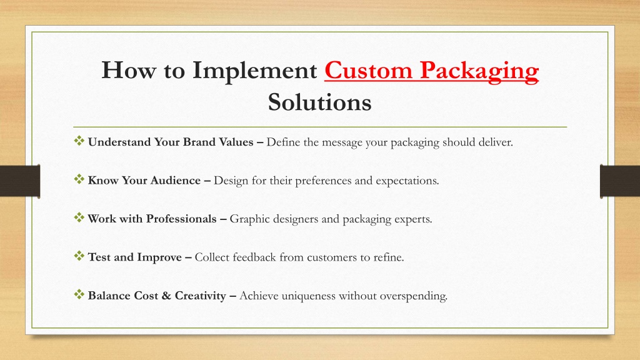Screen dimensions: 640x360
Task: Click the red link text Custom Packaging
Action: (431, 71)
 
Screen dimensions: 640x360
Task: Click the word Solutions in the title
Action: (319, 102)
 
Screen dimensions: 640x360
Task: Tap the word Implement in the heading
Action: (255, 71)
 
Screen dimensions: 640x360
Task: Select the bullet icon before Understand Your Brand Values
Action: (79, 141)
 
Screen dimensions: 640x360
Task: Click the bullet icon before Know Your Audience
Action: (79, 179)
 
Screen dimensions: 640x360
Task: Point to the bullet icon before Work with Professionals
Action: (79, 217)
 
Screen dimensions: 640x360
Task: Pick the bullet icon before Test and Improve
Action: (79, 256)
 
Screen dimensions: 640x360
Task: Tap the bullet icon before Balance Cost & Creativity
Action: (79, 294)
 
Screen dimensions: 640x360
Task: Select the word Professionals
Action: (181, 219)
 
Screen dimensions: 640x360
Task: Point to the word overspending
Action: (414, 296)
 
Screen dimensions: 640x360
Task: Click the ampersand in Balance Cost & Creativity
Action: (166, 296)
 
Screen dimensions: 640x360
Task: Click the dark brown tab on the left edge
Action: (20, 181)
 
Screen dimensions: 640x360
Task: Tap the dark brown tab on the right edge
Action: (620, 181)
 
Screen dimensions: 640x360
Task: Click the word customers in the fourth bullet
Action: (332, 257)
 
